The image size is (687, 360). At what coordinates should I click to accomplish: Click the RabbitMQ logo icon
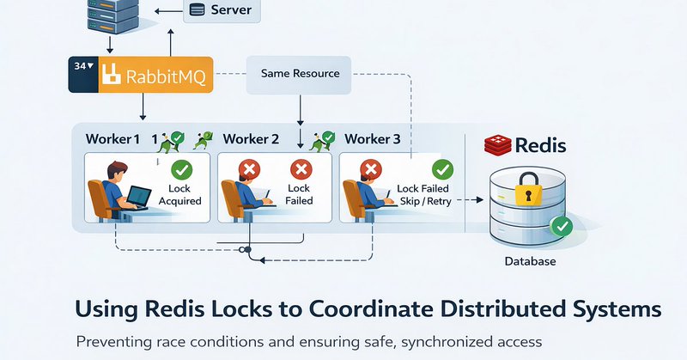(109, 75)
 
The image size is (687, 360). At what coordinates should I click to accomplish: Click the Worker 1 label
(112, 138)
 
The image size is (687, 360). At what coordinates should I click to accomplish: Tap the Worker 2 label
(251, 138)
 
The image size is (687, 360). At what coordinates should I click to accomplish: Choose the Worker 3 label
(373, 138)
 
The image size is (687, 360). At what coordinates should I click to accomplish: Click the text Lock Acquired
(179, 194)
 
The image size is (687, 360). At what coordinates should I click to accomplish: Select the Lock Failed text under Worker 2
(299, 194)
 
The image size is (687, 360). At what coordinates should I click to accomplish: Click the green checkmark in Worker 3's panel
(443, 168)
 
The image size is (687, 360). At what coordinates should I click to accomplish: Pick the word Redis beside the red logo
(540, 144)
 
